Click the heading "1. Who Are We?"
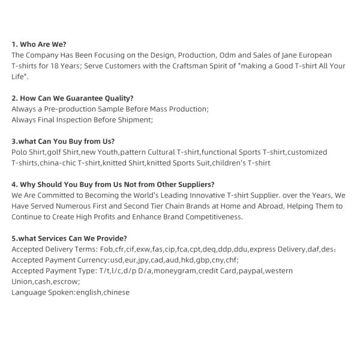point(39,44)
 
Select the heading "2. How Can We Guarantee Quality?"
point(73,98)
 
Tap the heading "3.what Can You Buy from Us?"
point(63,141)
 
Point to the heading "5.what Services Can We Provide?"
point(69,238)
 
